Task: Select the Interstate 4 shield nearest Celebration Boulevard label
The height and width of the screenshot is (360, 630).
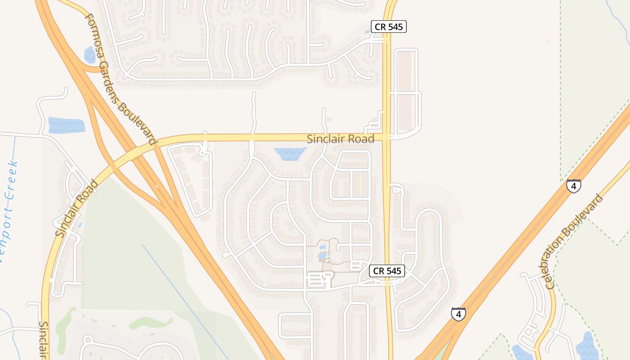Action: [573, 186]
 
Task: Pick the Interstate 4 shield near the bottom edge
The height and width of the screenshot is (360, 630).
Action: [458, 314]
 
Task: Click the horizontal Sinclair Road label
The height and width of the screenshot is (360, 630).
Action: [340, 139]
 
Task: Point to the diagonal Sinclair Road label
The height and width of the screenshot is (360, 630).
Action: [76, 208]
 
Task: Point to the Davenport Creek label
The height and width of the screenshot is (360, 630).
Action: [9, 211]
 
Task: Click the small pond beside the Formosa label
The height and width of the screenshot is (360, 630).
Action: [90, 55]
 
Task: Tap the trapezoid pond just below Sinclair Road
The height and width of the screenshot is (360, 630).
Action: [290, 153]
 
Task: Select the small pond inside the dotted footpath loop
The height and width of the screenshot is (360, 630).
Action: [323, 256]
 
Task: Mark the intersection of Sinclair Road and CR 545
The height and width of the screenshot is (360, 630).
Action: [387, 137]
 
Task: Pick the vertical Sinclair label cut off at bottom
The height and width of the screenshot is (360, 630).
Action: [44, 340]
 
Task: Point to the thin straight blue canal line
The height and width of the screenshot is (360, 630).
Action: [184, 297]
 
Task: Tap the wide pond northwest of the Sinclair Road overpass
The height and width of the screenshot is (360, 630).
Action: [66, 125]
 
